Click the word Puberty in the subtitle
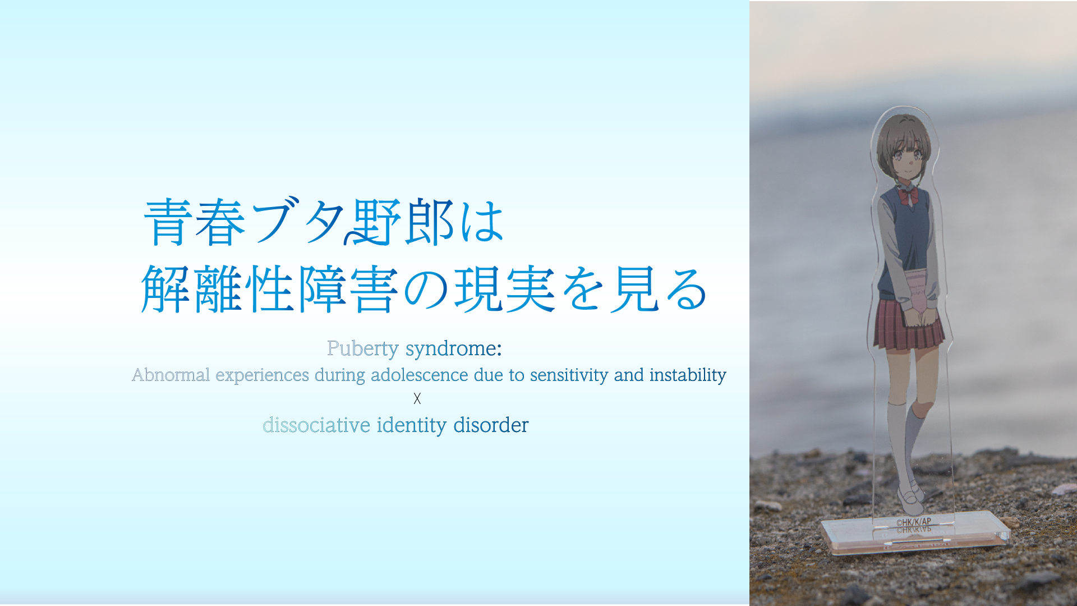point(363,349)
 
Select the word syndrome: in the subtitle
point(454,349)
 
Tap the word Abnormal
point(171,374)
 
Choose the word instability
point(688,375)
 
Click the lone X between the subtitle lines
point(417,399)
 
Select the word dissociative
point(316,425)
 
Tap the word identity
point(412,426)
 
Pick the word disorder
point(491,425)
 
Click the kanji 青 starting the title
point(168,222)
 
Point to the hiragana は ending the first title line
point(482,222)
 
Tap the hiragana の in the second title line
point(426,290)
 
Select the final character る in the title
point(685,290)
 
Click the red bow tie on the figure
point(908,196)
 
